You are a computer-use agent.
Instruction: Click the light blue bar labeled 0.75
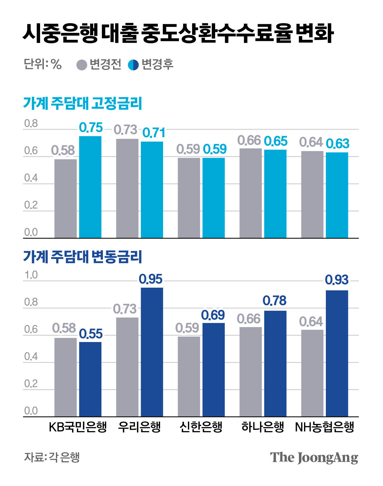click(90, 187)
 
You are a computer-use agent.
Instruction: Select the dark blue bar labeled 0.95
click(152, 352)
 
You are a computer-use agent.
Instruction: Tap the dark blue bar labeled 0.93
click(337, 353)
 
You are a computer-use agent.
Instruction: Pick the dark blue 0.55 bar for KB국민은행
click(90, 379)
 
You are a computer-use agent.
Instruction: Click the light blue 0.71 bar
click(152, 190)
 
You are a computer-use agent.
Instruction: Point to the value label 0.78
click(274, 301)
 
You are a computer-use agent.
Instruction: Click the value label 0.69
click(213, 315)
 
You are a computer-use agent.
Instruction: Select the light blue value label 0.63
click(337, 144)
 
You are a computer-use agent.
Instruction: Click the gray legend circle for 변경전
click(82, 65)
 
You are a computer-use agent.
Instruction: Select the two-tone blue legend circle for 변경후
click(133, 65)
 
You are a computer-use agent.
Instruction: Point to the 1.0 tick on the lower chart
click(31, 275)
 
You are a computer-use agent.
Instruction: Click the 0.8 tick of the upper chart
click(31, 124)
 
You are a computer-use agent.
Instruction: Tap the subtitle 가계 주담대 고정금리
click(83, 103)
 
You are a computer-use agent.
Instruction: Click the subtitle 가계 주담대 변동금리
click(83, 257)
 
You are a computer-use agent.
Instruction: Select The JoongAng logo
click(314, 458)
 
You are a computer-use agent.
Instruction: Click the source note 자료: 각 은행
click(52, 457)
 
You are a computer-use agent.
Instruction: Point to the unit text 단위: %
click(42, 64)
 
